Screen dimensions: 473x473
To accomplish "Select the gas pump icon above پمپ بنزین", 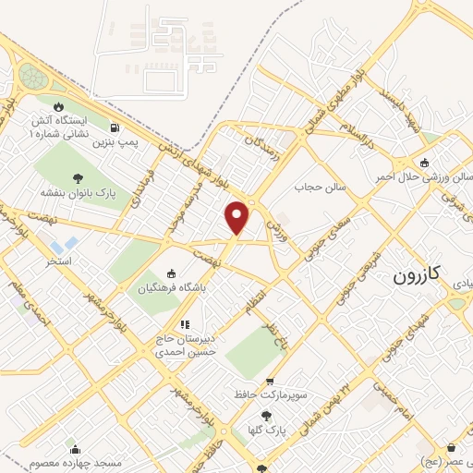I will point(115,127).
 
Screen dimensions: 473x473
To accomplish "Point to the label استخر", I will point(58,262).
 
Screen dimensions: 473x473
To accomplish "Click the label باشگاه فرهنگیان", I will point(170,288).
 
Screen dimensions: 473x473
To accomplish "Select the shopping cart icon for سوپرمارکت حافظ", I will point(270,382).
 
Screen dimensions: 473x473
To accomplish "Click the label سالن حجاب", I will point(320,187).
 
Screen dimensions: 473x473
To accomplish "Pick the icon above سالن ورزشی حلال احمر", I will point(424,164).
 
